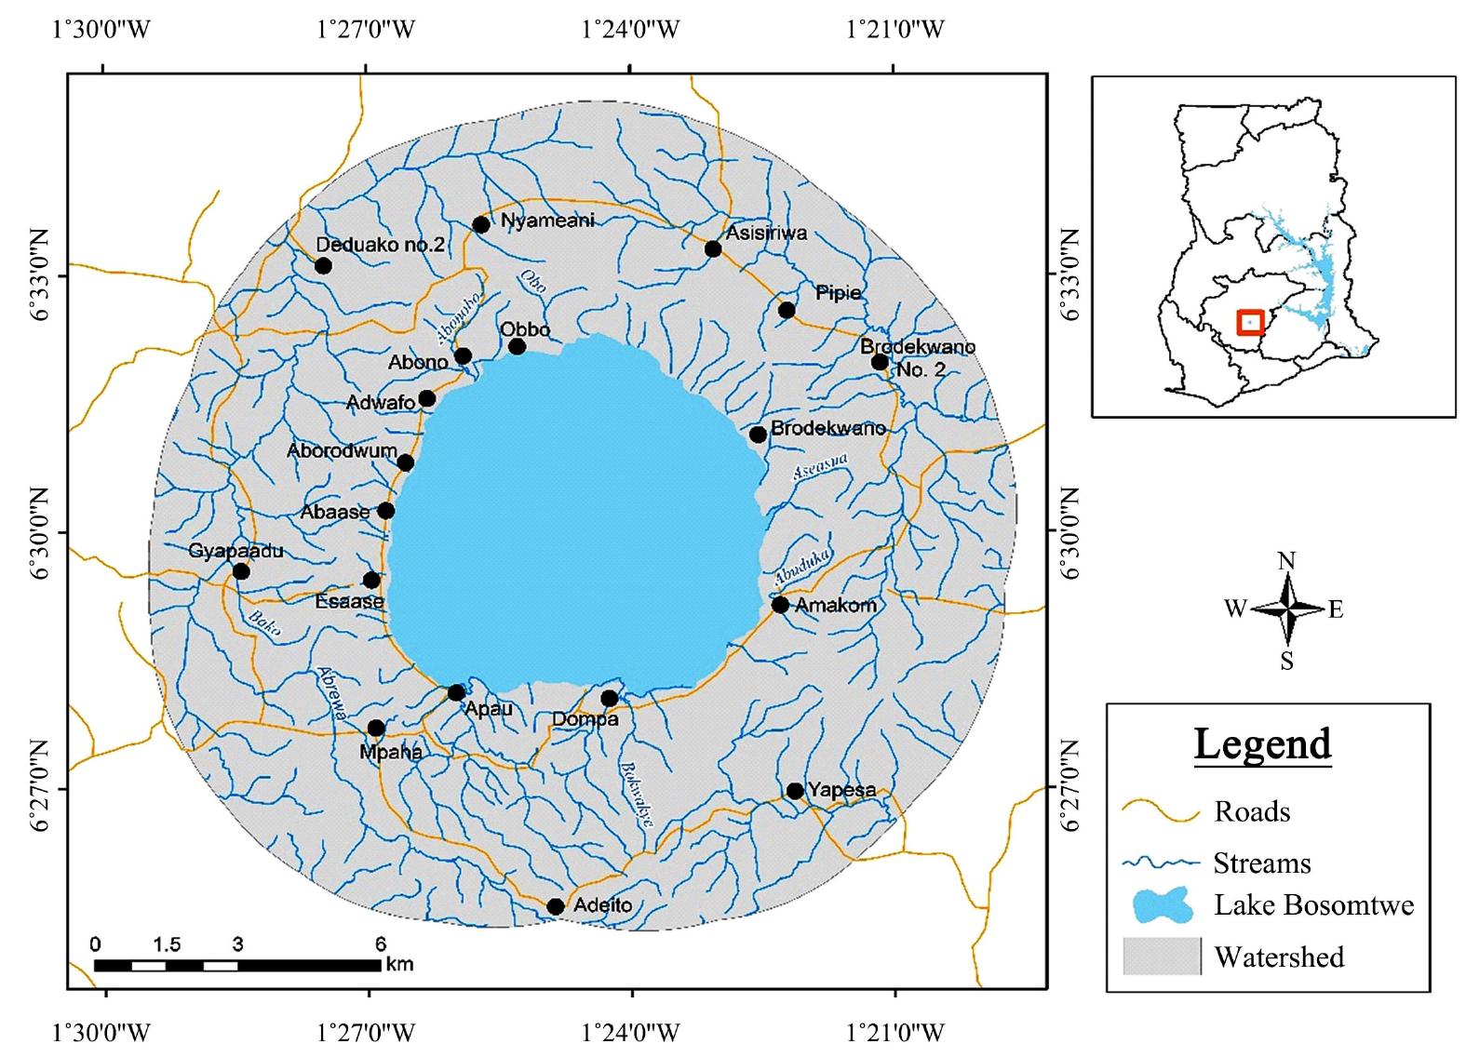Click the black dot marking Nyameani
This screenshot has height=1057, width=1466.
click(x=481, y=224)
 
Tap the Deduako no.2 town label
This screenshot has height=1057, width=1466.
click(x=381, y=245)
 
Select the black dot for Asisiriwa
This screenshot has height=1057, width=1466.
click(x=713, y=248)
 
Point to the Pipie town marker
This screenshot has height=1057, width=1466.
click(x=787, y=310)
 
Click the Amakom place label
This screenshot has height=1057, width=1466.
click(x=836, y=605)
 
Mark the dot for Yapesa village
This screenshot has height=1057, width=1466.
click(x=794, y=791)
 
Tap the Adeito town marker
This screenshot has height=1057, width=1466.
click(x=556, y=906)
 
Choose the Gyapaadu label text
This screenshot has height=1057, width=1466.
click(x=235, y=551)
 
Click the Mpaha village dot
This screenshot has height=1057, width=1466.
click(x=376, y=728)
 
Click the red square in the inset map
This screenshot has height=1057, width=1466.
click(x=1250, y=322)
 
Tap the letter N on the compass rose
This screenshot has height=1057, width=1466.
click(x=1286, y=560)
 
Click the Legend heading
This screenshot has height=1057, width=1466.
click(x=1262, y=744)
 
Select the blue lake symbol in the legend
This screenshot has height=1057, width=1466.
click(x=1163, y=905)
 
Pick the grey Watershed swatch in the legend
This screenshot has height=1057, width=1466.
click(x=1161, y=957)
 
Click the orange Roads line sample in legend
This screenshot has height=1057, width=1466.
click(x=1161, y=812)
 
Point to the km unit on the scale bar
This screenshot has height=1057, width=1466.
click(x=400, y=964)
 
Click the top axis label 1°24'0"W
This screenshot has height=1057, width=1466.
click(x=630, y=30)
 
